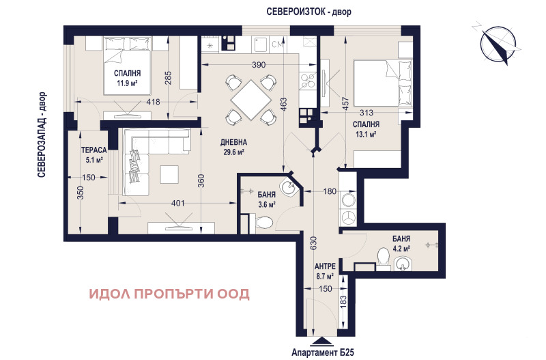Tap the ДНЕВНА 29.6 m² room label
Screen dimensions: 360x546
pyautogui.click(x=233, y=148)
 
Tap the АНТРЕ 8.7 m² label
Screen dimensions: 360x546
pyautogui.click(x=323, y=271)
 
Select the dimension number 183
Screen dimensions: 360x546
pyautogui.click(x=343, y=301)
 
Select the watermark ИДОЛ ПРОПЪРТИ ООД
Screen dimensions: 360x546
pyautogui.click(x=169, y=294)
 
